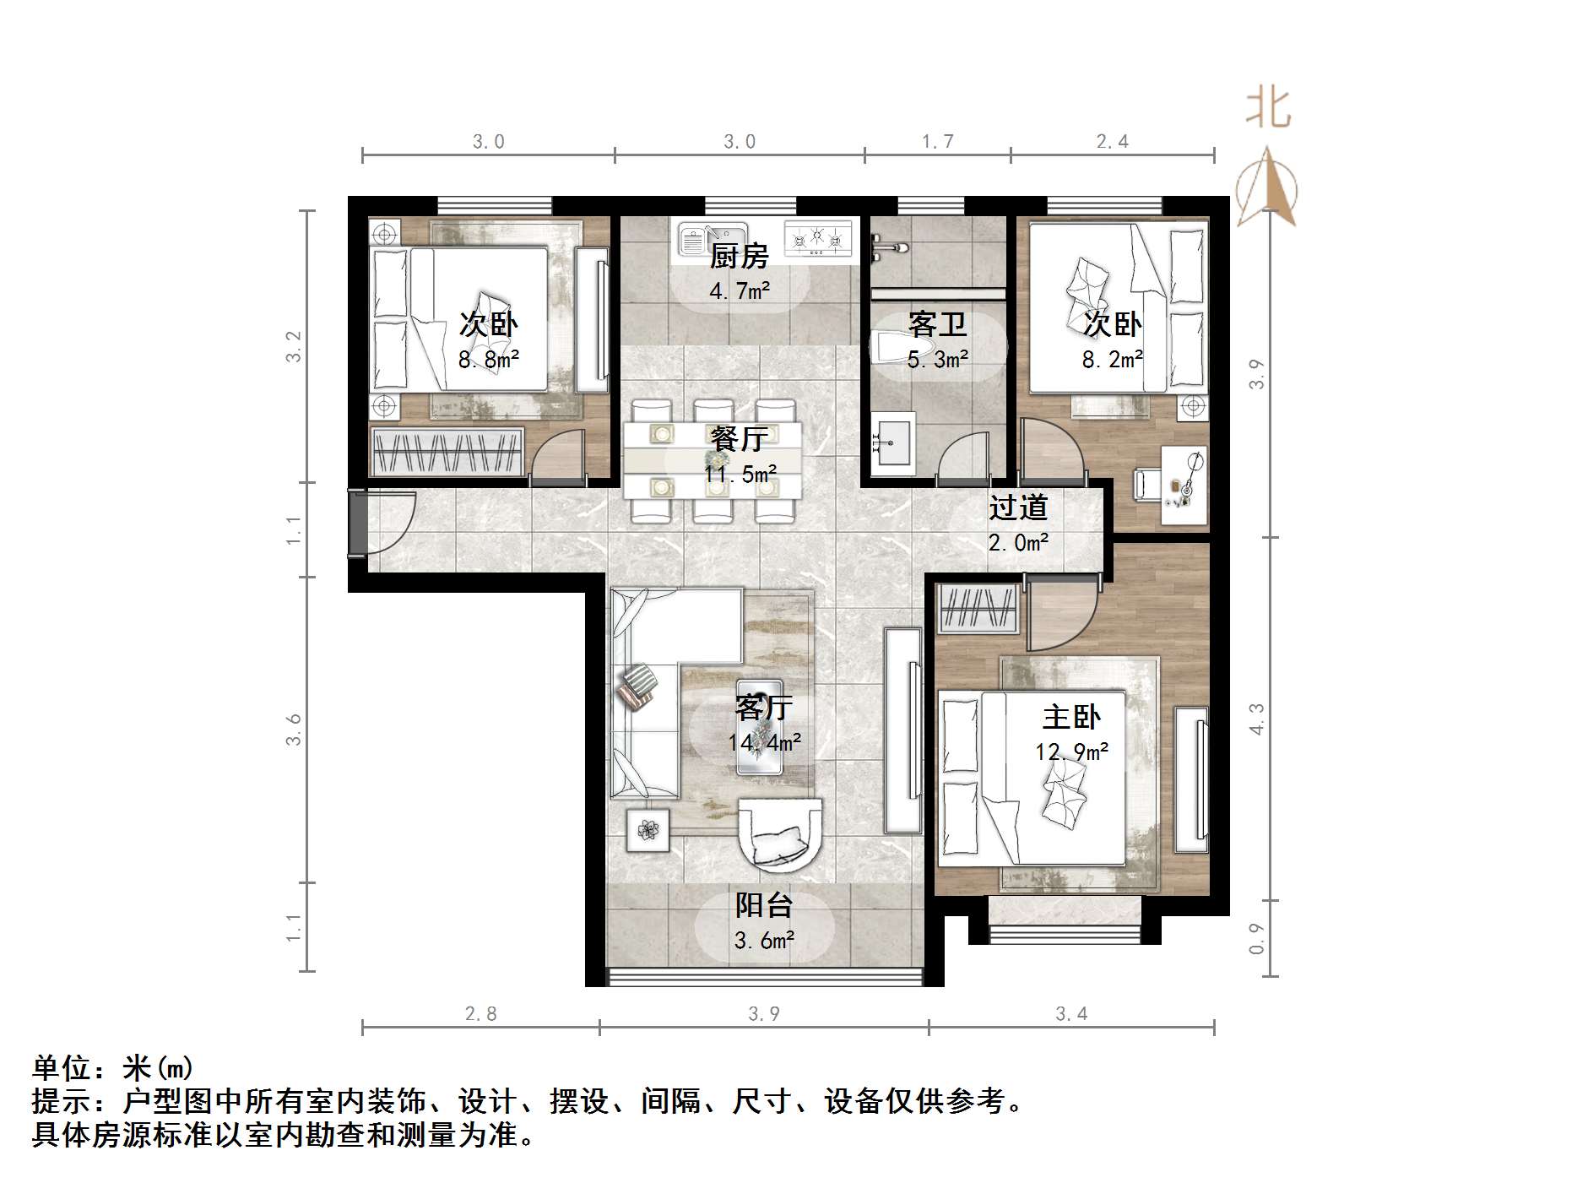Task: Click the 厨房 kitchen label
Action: (739, 255)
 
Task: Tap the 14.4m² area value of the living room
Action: (765, 742)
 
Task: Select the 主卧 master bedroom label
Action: (1071, 717)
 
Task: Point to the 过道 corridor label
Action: (1018, 507)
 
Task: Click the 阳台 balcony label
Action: (764, 905)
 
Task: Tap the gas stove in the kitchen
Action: (817, 237)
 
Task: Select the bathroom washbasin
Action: (892, 439)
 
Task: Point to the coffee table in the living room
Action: (759, 726)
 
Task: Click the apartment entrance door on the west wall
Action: (358, 524)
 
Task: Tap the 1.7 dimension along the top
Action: (937, 142)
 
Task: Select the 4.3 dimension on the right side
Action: (1257, 719)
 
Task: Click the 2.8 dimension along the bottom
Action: (480, 1013)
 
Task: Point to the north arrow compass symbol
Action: (1266, 187)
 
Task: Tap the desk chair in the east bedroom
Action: (1146, 486)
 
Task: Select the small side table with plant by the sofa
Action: (648, 830)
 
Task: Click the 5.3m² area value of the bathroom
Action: (937, 361)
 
